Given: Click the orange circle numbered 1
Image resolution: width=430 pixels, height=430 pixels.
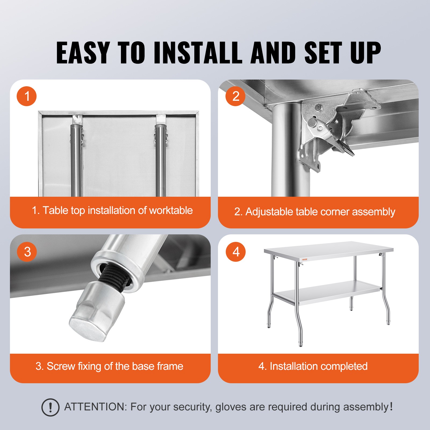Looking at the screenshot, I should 27,96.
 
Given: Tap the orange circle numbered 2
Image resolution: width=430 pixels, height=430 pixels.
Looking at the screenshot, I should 235,96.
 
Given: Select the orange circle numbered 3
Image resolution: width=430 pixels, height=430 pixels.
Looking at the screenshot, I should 27,252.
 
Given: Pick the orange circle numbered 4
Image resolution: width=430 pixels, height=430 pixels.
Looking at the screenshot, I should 236,252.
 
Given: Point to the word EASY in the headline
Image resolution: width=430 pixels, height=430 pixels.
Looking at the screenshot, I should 83,53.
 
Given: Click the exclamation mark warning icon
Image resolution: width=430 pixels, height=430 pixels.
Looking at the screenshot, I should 50,407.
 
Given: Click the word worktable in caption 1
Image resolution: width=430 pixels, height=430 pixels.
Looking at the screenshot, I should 171,210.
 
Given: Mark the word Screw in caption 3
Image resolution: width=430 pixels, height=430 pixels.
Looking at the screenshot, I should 60,366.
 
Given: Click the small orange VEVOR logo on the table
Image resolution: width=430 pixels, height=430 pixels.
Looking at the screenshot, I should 304,259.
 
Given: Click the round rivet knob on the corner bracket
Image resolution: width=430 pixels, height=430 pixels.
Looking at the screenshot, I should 312,123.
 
